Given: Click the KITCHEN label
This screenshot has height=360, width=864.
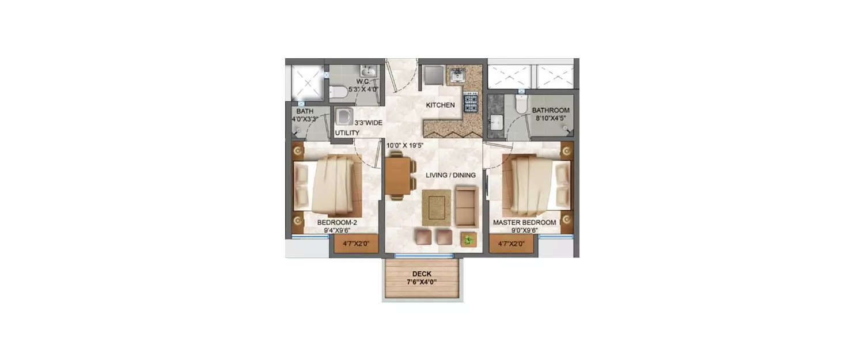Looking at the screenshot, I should tap(440, 105).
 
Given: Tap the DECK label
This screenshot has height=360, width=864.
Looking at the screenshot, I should tap(422, 274).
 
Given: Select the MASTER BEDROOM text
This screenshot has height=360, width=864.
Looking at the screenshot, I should tap(524, 222).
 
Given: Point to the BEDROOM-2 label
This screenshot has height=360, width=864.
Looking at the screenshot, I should tap(337, 222).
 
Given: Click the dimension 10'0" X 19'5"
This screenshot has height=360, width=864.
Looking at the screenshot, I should tap(404, 146).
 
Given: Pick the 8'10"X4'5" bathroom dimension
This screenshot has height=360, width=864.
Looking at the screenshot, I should tap(551, 119).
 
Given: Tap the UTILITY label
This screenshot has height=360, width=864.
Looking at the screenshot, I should tap(347, 133).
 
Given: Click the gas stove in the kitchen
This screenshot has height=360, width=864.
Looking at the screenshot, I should tap(471, 103).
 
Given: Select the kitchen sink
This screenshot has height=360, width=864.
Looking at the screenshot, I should tap(458, 75).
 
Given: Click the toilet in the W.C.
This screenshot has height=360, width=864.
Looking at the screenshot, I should tap(338, 92).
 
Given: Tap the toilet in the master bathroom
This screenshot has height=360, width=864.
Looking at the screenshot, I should tap(521, 104).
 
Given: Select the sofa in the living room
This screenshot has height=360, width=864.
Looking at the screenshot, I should tap(465, 206).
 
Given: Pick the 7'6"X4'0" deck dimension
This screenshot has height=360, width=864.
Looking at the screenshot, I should tap(422, 282).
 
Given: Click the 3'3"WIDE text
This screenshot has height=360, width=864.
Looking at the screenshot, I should tap(369, 122).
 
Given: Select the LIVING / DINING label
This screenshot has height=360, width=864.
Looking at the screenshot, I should tap(450, 175).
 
